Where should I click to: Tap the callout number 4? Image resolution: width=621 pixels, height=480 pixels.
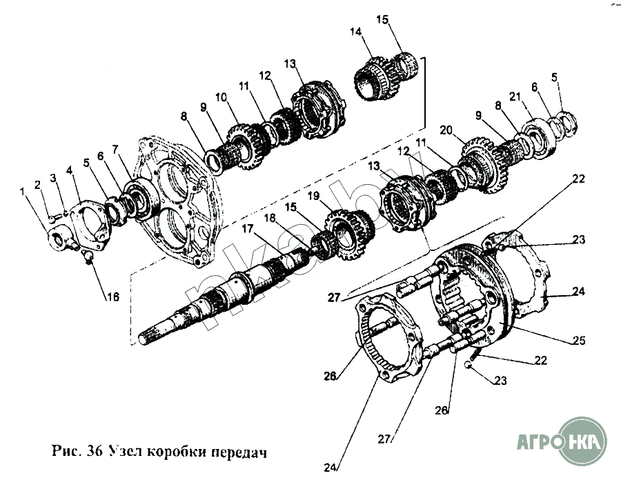68,169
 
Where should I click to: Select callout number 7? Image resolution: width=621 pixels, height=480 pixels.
115,148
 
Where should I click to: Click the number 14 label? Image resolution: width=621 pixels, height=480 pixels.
355,33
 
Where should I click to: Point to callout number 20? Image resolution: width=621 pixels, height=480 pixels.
446,130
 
